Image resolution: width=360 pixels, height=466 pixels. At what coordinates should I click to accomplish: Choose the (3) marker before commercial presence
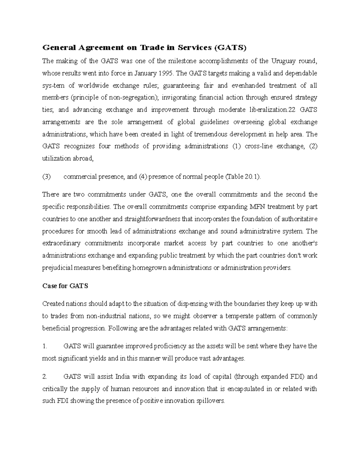click(46, 177)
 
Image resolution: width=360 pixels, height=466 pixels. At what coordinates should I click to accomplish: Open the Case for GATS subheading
click(65, 286)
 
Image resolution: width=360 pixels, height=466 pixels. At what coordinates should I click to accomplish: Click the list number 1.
click(45, 346)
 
